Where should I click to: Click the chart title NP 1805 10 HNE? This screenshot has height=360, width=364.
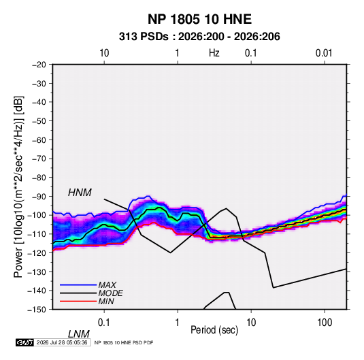click(199, 19)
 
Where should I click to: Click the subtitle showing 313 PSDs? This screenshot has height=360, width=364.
click(199, 37)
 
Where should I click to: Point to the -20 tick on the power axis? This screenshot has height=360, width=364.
click(39, 65)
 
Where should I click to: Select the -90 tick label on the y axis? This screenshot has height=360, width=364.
click(39, 196)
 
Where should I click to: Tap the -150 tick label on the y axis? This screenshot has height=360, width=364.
click(37, 310)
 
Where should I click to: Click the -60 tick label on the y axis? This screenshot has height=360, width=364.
click(39, 140)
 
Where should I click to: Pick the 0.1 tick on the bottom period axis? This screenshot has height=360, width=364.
click(104, 323)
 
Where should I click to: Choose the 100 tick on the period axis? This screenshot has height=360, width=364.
click(325, 323)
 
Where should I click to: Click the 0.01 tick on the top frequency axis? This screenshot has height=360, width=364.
click(324, 53)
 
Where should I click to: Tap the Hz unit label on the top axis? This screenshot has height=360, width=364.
click(214, 53)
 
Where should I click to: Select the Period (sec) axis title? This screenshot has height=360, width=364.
click(214, 330)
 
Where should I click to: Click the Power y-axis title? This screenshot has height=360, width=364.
click(18, 187)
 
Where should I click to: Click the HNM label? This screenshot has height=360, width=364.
click(80, 193)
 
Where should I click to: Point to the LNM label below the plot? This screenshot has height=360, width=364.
click(78, 334)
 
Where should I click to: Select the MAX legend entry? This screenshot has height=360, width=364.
click(107, 284)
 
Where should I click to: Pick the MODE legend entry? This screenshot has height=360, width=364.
click(110, 293)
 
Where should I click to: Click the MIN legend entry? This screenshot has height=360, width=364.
click(106, 301)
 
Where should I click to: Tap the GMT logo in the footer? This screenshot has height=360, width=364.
click(24, 342)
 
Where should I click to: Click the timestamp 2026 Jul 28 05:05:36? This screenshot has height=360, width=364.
click(62, 342)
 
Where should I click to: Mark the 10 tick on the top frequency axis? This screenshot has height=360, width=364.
click(104, 53)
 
